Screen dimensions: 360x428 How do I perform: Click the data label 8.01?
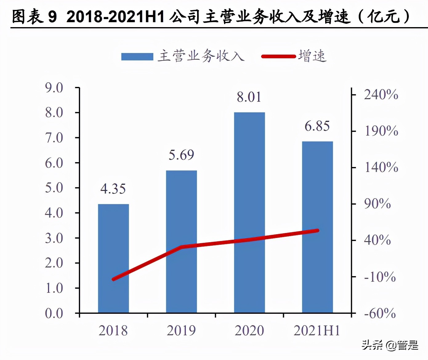tap(249, 97)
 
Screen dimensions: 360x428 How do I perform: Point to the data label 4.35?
tap(113, 189)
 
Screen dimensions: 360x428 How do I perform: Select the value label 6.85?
tap(317, 126)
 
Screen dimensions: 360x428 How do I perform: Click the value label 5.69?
tap(181, 155)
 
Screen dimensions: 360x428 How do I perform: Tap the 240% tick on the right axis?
tap(381, 95)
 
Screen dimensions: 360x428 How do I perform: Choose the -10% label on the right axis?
tap(380, 277)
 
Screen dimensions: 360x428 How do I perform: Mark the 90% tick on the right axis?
tap(378, 204)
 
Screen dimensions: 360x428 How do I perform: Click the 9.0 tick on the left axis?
tap(54, 88)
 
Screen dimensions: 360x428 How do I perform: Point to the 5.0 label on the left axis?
tap(54, 188)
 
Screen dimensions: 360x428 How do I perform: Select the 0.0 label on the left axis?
tap(54, 313)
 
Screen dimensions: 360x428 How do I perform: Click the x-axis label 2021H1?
tap(317, 331)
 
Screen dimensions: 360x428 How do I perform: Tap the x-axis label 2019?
tap(181, 331)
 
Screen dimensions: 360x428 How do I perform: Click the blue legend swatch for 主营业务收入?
tap(137, 57)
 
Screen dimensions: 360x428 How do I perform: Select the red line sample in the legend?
tap(278, 56)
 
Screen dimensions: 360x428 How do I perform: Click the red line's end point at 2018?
tap(114, 279)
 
